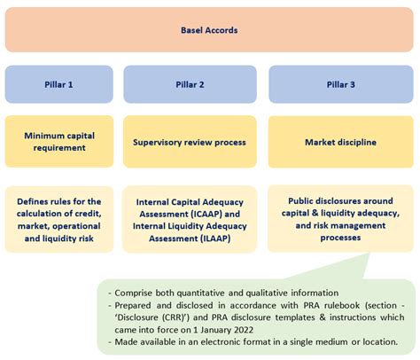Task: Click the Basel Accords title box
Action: coord(209,30)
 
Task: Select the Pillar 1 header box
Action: coord(58,84)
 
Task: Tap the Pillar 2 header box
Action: coord(190,84)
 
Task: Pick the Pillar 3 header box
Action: coord(341,84)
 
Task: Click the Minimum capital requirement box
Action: coord(59,142)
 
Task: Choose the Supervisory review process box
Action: coord(190,142)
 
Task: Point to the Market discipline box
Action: coord(341,142)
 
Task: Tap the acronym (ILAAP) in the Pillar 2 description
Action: coord(214,239)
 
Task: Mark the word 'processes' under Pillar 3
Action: coord(340,238)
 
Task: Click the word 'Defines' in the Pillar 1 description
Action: coord(30,201)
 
